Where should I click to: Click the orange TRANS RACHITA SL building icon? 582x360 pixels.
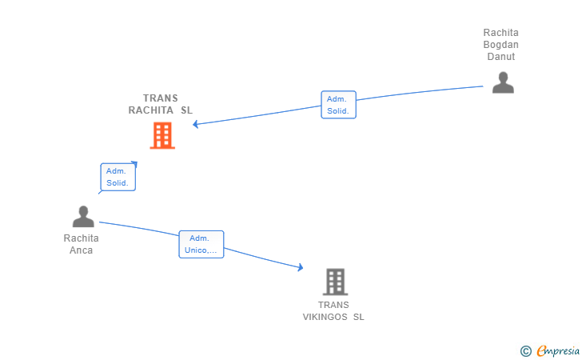[162, 136]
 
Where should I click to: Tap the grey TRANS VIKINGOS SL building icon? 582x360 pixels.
[335, 282]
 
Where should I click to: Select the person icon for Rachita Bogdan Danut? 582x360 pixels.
[503, 83]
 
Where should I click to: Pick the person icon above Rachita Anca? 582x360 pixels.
[83, 216]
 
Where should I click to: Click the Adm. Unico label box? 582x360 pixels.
[201, 244]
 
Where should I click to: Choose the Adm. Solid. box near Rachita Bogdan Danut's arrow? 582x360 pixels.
[338, 105]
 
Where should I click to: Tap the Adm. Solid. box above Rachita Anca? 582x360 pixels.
[118, 177]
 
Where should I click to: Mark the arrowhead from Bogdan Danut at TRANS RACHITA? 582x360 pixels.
[197, 124]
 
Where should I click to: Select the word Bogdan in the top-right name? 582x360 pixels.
[501, 45]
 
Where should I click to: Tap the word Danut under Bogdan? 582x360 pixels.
[501, 57]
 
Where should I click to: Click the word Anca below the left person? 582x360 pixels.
[82, 250]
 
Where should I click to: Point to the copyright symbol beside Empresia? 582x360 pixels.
[525, 350]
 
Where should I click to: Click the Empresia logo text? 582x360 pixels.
[554, 350]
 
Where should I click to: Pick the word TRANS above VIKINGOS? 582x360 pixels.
[333, 305]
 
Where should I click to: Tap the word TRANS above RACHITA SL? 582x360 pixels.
[161, 98]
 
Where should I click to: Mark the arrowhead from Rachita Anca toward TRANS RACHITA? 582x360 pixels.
[134, 164]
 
